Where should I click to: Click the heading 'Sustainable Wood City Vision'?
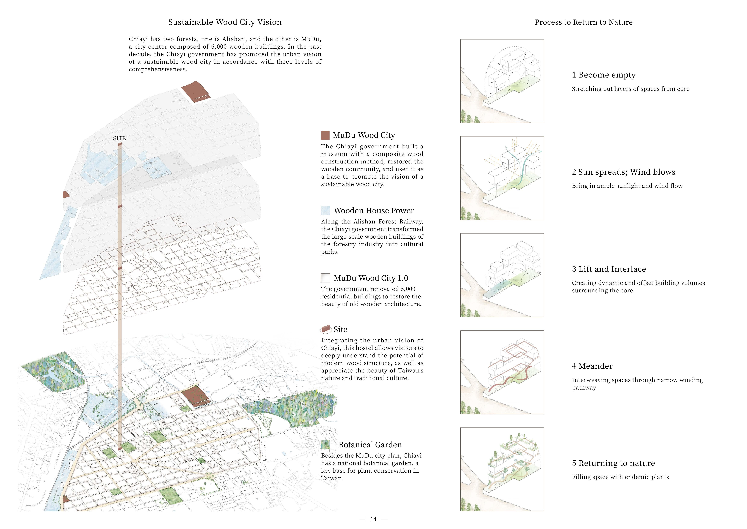pyautogui.click(x=225, y=22)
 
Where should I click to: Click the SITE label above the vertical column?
pyautogui.click(x=119, y=138)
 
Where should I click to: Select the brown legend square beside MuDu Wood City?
pyautogui.click(x=325, y=135)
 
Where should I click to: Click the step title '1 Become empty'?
pyautogui.click(x=604, y=75)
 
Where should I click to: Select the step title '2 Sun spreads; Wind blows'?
pyautogui.click(x=623, y=172)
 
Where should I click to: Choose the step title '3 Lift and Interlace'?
pyautogui.click(x=609, y=269)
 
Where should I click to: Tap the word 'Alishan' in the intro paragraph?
pyautogui.click(x=234, y=39)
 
